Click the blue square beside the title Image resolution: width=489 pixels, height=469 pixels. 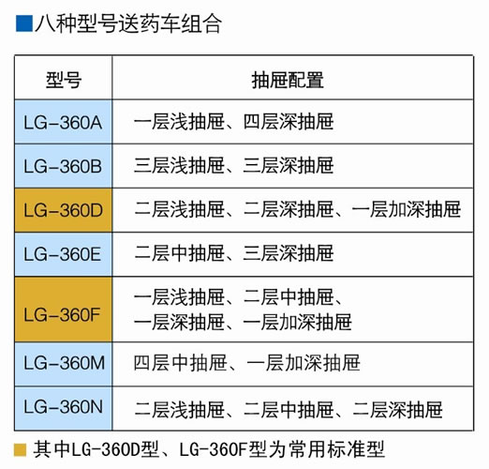[24, 23]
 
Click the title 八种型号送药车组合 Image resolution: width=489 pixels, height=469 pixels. [128, 23]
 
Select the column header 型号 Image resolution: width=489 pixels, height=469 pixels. [64, 80]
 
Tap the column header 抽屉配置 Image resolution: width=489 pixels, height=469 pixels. [288, 80]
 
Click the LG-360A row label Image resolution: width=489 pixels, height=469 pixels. [63, 122]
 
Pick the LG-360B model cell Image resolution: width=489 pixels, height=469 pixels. [63, 166]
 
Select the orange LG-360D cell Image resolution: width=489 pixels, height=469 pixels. [63, 210]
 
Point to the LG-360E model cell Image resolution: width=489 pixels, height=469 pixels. [63, 254]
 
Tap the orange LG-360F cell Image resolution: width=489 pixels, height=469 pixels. [63, 310]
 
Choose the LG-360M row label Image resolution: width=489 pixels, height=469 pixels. [63, 364]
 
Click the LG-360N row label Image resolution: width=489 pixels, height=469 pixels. [63, 408]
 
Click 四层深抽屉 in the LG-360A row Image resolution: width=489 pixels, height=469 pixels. [289, 122]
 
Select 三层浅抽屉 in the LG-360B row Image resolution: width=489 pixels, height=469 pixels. [179, 165]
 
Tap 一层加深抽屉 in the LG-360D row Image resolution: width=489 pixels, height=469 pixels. [407, 209]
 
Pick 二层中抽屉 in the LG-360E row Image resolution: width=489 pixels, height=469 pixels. [179, 253]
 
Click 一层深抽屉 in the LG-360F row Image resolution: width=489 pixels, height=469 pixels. [179, 323]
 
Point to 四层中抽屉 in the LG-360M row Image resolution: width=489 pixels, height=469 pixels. [180, 363]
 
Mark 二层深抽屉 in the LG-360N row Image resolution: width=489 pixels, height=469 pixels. [397, 410]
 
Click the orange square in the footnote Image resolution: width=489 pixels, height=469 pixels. [20, 450]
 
